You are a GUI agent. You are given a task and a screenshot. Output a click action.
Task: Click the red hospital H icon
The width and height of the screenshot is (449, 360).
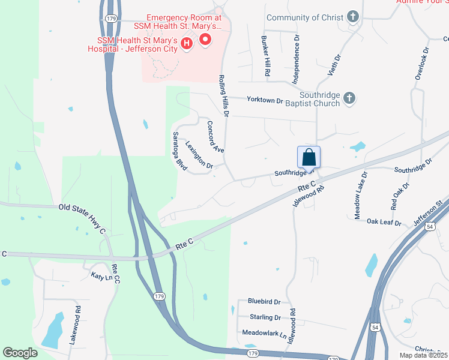(x=187, y=43)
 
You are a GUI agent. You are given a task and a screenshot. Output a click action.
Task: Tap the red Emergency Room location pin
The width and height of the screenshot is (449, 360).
(x=205, y=40)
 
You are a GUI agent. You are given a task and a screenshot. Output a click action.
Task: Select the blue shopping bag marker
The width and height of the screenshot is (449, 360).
(x=309, y=157)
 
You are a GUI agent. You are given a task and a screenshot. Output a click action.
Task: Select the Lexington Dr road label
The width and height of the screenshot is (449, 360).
(x=199, y=154)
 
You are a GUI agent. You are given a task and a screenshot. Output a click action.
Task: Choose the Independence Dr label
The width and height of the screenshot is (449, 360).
(x=296, y=59)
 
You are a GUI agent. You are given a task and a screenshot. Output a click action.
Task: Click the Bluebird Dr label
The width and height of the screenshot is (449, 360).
(x=264, y=301)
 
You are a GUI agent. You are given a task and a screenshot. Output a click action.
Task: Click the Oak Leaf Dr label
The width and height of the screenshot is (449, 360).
(x=384, y=221)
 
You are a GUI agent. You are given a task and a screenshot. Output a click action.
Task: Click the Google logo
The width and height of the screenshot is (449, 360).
(x=20, y=353)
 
